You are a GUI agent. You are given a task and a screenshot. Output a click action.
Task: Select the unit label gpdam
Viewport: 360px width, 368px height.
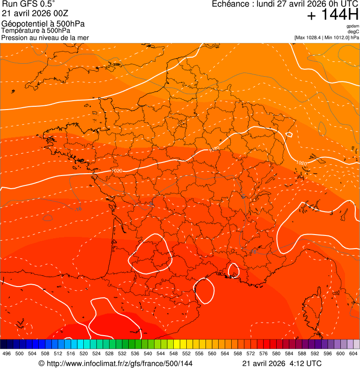[x=353, y=26]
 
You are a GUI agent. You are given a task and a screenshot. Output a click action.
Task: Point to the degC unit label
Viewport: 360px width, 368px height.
[x=353, y=31]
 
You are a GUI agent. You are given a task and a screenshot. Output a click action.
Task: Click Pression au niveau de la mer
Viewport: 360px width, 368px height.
[x=45, y=37]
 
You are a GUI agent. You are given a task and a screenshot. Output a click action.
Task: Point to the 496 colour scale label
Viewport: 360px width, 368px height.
[x=7, y=353]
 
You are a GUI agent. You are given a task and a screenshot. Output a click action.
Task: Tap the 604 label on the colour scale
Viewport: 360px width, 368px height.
[x=353, y=353]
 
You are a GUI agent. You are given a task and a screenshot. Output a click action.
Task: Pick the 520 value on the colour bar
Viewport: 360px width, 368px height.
[x=84, y=353]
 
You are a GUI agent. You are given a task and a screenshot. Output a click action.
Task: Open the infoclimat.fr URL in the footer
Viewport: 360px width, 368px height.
[x=119, y=363]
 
